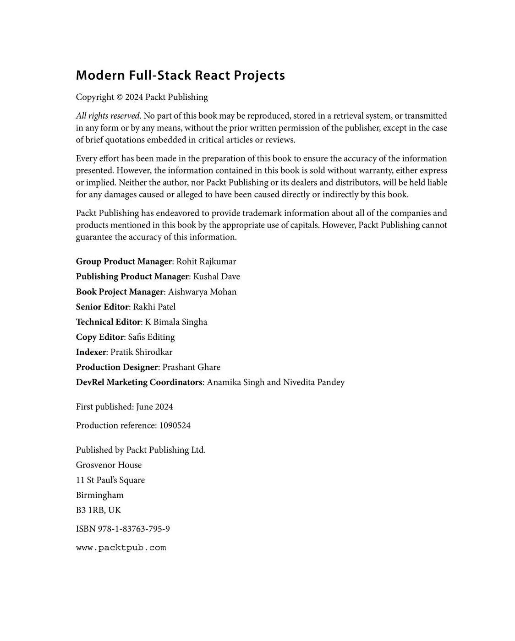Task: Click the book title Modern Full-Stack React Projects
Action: pos(180,75)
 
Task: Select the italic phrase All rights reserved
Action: pos(108,116)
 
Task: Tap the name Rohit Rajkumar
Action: pos(206,261)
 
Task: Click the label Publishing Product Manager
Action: pos(132,277)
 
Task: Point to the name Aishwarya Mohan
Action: pos(202,292)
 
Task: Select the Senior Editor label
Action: pos(102,307)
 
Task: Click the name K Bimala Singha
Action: pos(176,322)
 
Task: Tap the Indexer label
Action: pos(91,352)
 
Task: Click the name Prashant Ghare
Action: pos(191,367)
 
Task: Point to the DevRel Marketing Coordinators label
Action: pos(139,382)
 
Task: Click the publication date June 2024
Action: pos(154,407)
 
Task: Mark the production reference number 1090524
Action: pos(175,425)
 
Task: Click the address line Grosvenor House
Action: pos(109,465)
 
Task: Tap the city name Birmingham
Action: pos(100,495)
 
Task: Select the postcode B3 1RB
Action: pos(90,511)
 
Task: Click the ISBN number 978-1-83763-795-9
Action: pos(134,529)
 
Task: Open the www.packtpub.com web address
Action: pos(121,548)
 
